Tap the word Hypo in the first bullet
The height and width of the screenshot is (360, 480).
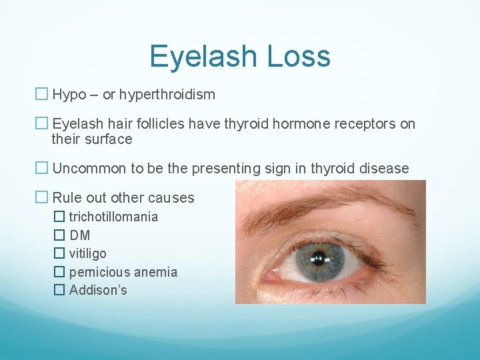[x=69, y=95]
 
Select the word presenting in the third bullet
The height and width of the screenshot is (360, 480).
[x=224, y=169]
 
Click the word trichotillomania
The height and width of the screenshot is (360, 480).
[x=113, y=217]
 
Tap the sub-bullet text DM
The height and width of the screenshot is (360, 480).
[x=79, y=235]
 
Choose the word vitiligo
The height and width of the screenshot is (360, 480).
[x=87, y=253]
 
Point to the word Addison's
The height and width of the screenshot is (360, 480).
[x=98, y=290]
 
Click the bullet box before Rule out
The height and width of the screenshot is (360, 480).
[x=42, y=197]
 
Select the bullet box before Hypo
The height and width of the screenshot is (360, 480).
[x=42, y=95]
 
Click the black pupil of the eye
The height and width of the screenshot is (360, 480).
[x=321, y=257]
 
